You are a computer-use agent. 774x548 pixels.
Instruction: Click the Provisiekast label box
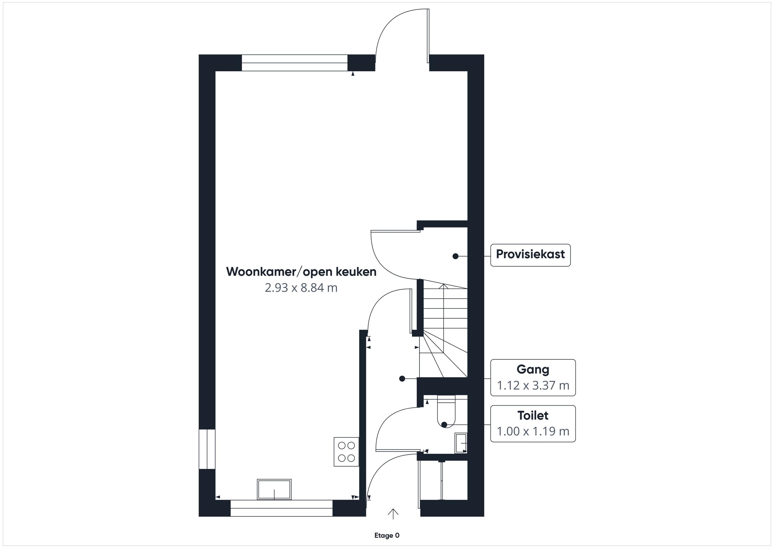click(x=530, y=255)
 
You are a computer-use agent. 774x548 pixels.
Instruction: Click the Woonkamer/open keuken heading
click(x=301, y=272)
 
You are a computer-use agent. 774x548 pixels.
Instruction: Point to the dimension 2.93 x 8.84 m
click(x=301, y=287)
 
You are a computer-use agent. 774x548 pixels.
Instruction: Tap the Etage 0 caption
click(x=387, y=535)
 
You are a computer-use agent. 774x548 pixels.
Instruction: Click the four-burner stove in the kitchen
click(x=346, y=451)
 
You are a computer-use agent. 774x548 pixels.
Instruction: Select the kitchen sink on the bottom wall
click(x=274, y=489)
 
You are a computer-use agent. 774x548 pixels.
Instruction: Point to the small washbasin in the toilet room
click(x=461, y=443)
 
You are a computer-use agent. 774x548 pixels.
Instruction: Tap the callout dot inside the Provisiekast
click(x=455, y=256)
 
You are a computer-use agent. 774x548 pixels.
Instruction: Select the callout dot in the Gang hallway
click(x=402, y=379)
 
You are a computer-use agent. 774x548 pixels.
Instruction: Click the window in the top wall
click(x=295, y=63)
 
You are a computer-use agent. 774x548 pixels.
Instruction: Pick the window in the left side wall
click(x=207, y=449)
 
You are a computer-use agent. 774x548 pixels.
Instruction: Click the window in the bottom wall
click(x=281, y=508)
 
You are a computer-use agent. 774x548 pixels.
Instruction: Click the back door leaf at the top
click(x=428, y=36)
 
